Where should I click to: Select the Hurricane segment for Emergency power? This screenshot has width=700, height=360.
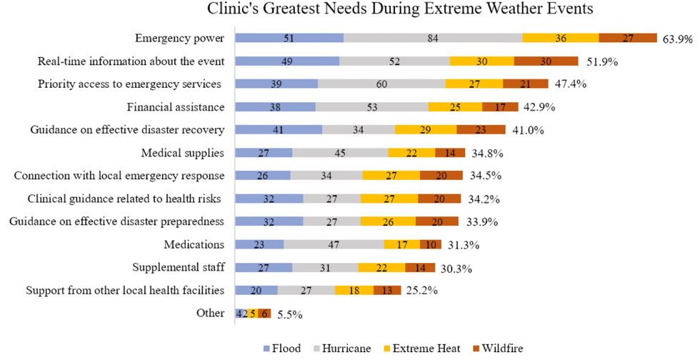(x=433, y=39)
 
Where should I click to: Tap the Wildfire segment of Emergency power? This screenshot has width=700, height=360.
(x=627, y=39)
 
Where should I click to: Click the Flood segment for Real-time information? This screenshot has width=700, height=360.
(x=287, y=61)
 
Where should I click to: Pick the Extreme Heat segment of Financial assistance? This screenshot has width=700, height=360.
(x=455, y=107)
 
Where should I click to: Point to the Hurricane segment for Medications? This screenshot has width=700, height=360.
(x=334, y=244)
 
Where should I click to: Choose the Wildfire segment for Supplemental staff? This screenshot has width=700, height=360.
(x=419, y=267)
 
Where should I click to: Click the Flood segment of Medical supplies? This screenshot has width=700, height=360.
(x=264, y=153)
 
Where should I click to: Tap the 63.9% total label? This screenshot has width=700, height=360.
(x=677, y=39)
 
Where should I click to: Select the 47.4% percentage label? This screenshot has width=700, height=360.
(x=569, y=84)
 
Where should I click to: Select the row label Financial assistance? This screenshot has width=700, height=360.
(x=176, y=107)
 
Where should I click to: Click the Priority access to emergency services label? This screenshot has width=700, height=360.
(x=129, y=84)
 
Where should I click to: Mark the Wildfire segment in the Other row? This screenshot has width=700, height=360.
(x=265, y=313)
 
